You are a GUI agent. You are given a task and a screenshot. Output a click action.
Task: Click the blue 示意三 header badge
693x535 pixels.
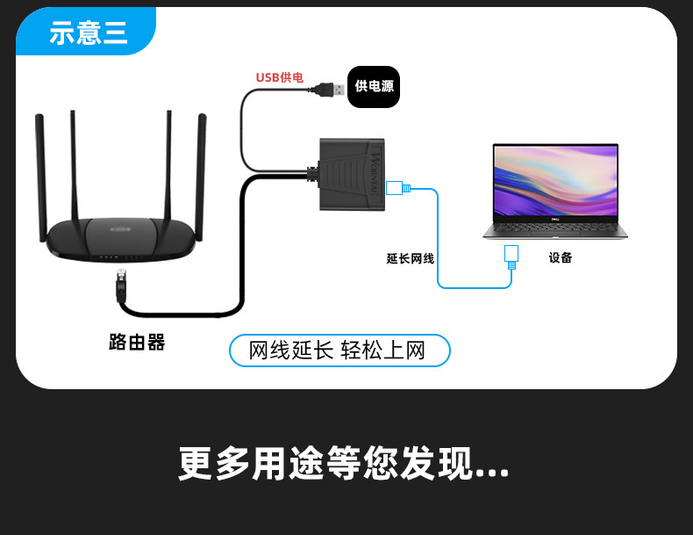86,31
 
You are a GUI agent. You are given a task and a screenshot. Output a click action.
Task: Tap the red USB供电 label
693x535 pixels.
279,77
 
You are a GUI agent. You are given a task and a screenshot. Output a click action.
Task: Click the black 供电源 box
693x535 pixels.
374,87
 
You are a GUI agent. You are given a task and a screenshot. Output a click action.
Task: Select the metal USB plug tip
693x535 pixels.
339,90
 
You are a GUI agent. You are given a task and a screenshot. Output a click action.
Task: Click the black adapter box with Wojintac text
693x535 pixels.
352,174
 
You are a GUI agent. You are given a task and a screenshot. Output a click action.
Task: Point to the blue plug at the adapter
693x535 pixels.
398,188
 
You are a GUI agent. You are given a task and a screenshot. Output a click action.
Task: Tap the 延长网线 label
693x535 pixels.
411,258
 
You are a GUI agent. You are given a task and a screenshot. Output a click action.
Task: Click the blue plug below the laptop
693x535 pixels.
511,257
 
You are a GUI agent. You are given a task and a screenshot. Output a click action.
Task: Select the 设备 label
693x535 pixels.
561,257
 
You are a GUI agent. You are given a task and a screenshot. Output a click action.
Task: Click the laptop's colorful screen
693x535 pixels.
555,181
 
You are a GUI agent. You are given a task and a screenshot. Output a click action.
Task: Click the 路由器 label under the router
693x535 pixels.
137,343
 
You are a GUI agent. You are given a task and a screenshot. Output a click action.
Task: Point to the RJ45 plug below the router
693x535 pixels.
121,286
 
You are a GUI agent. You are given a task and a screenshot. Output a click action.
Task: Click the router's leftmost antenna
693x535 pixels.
40,177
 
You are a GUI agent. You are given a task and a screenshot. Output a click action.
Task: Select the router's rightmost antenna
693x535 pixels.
201,177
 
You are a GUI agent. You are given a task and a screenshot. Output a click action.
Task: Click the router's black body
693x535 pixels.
121,240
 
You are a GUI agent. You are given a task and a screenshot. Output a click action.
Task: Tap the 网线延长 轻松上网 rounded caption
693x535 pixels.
339,351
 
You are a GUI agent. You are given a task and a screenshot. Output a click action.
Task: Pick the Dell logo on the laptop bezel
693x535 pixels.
555,219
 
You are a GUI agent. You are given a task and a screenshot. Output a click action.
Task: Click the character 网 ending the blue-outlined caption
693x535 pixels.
416,351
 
